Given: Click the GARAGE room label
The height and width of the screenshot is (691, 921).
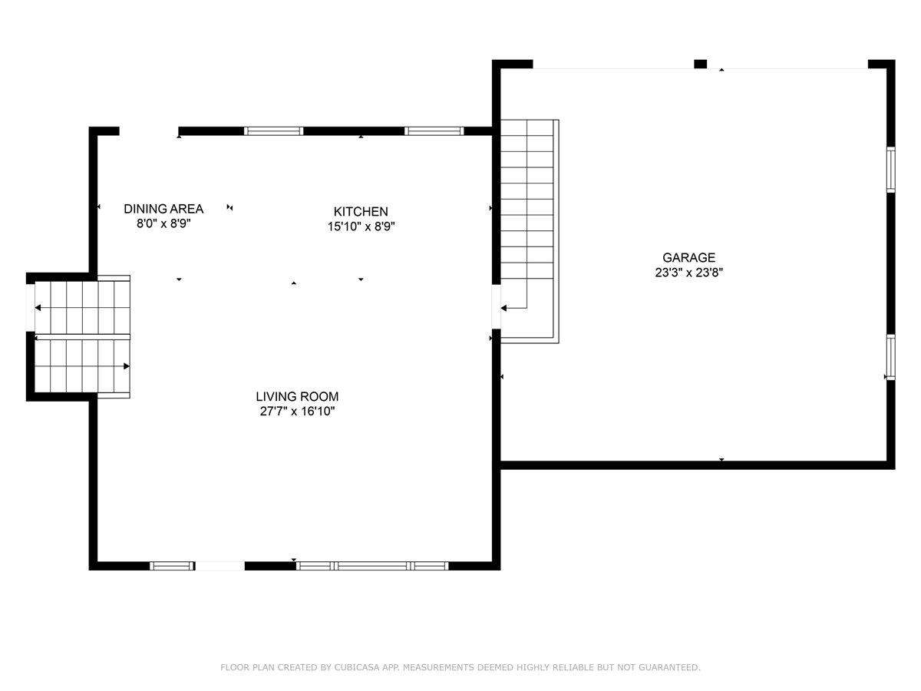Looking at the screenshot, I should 688,258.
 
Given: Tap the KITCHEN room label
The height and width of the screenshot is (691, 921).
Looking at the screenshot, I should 360,211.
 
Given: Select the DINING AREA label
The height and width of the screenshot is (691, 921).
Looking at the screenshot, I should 163,209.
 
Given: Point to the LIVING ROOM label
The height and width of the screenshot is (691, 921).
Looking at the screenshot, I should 297,397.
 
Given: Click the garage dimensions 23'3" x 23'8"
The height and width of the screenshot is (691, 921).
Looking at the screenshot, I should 688,273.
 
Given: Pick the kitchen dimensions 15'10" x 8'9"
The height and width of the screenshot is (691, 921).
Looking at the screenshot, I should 360,226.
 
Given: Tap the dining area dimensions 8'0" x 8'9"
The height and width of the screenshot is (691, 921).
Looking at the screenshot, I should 163,224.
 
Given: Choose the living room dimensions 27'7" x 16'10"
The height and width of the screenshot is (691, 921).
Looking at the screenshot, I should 297,412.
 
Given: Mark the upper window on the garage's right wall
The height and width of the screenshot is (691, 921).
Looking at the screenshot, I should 890,169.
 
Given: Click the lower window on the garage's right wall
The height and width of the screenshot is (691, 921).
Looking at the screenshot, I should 890,358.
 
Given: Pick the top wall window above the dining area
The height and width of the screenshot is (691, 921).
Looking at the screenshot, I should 273,131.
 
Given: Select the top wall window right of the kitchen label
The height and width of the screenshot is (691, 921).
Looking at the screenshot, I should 434,131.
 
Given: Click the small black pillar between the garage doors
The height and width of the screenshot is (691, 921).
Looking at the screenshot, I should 700,64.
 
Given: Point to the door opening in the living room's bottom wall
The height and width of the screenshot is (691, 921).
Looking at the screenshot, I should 220,566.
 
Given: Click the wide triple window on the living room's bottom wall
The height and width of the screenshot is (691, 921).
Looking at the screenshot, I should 372,566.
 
